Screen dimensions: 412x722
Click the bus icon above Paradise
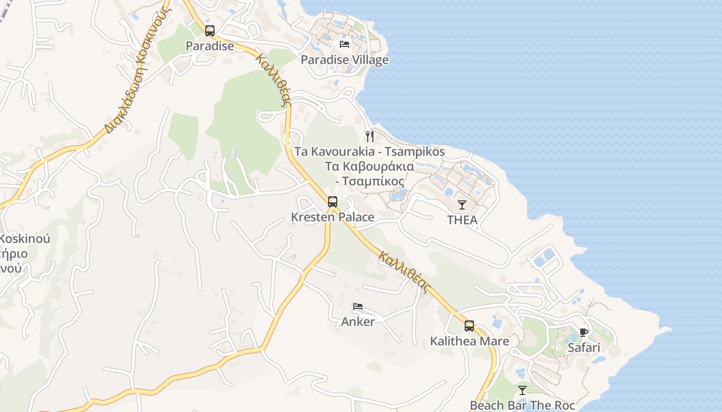click(209, 31)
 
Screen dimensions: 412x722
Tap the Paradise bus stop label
click(210, 46)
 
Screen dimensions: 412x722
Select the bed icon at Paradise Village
click(344, 44)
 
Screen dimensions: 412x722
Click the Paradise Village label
click(344, 60)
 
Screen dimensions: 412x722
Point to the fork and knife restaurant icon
click(369, 136)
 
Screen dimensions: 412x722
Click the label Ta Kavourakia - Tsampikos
click(369, 152)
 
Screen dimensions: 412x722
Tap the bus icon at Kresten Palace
click(333, 202)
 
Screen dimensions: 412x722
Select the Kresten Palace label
click(333, 217)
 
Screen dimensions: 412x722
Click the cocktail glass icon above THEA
click(462, 205)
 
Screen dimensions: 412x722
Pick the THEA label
click(462, 220)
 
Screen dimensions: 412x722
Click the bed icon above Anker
click(358, 307)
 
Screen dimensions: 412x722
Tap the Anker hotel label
click(358, 321)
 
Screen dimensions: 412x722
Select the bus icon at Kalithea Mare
click(469, 326)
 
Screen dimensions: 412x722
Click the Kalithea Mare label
click(469, 341)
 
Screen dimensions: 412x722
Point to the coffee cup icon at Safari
click(584, 333)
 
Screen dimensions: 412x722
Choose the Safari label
click(584, 348)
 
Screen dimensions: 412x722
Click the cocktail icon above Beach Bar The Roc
click(522, 390)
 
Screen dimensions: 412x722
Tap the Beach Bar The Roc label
click(522, 405)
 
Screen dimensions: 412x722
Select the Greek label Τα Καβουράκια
click(369, 166)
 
